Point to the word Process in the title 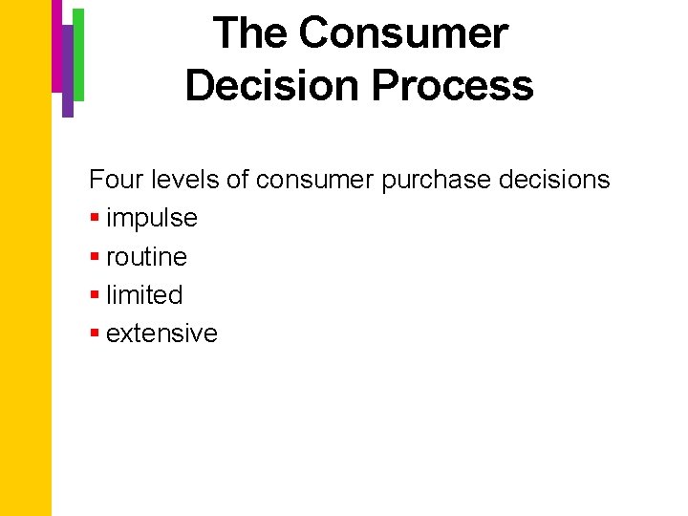(x=452, y=85)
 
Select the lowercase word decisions (x=555, y=180)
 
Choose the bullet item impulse (x=152, y=219)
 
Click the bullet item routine (x=146, y=257)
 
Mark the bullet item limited (x=144, y=295)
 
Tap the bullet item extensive (x=161, y=333)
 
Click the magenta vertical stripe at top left (x=56, y=43)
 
